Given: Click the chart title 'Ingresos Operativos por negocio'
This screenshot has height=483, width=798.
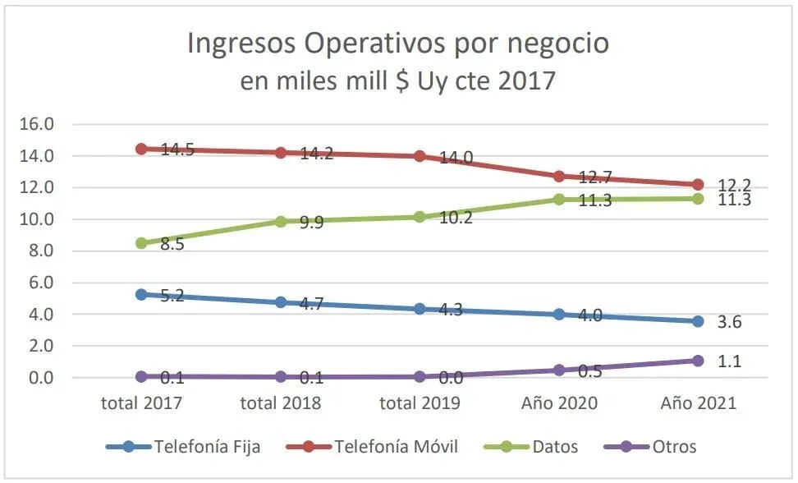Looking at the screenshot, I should pos(398,44).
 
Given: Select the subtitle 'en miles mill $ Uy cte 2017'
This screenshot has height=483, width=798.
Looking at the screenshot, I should pos(398,81).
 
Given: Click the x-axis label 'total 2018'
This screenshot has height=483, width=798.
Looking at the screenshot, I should pos(280,403).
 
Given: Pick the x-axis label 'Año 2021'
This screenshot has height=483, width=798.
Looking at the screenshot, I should pos(698,403).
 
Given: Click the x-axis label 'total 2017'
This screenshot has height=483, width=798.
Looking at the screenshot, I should pos(141,403).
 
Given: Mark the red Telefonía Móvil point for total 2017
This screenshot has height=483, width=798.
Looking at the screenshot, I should pos(141,149).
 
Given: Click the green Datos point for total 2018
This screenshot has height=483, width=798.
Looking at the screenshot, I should pos(281,221).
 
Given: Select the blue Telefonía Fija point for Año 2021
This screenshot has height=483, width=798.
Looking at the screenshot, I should pos(698,321).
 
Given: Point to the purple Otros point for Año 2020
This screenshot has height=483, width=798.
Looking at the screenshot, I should pos(559,370).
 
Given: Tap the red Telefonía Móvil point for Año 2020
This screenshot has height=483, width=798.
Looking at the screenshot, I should pos(559,176).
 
